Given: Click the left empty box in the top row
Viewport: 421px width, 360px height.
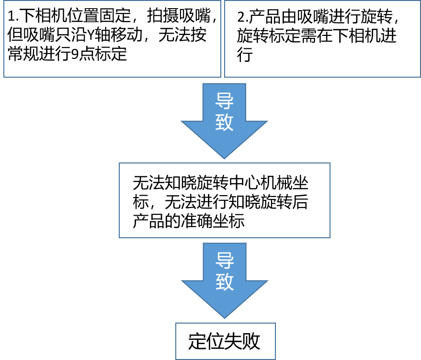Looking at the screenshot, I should coord(112,39).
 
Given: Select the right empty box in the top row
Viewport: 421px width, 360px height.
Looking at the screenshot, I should coord(322,39).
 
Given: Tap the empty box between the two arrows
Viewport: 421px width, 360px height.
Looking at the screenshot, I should coord(225,200).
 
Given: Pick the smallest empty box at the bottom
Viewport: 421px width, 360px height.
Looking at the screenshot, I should coord(226,341).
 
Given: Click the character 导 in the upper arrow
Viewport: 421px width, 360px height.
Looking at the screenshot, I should coord(224,101).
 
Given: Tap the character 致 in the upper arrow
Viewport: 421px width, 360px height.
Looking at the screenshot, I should coord(224,122).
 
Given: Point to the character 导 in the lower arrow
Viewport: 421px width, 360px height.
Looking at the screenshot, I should coord(225,260).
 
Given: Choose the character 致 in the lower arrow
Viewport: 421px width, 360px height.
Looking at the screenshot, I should coord(225,282).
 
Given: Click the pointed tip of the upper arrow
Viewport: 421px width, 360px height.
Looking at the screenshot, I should coord(224,157).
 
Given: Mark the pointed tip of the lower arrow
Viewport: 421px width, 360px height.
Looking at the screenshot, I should coord(225,317).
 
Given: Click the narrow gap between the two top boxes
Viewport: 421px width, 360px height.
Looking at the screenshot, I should coord(223,39).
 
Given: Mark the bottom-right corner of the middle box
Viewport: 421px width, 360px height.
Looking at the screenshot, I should coord(330,237).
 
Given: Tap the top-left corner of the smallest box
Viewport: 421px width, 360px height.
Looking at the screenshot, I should coord(176,324).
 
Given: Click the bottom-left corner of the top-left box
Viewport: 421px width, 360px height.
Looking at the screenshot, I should coord(4,77).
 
